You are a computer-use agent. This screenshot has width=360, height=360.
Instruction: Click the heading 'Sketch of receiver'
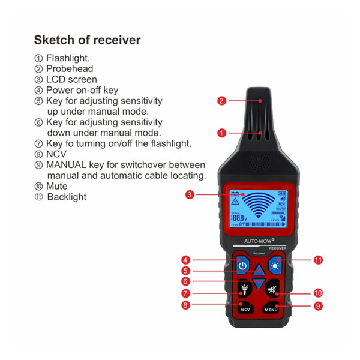pyautogui.click(x=87, y=40)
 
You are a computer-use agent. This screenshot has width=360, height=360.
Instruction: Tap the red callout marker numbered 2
pyautogui.click(x=221, y=101)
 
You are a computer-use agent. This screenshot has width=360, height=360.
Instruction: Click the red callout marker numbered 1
pyautogui.click(x=221, y=133)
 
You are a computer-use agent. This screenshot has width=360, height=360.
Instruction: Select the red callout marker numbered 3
pyautogui.click(x=190, y=194)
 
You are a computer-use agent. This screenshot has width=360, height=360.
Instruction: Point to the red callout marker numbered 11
pyautogui.click(x=319, y=260)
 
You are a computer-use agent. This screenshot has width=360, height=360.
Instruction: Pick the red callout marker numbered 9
pyautogui.click(x=319, y=305)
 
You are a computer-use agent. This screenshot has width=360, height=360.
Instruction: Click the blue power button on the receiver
pyautogui.click(x=242, y=265)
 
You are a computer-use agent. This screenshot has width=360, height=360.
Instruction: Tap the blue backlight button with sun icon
pyautogui.click(x=275, y=265)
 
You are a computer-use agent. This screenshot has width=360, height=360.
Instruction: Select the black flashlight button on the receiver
pyautogui.click(x=244, y=289)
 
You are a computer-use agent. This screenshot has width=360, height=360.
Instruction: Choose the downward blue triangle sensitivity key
pyautogui.click(x=259, y=283)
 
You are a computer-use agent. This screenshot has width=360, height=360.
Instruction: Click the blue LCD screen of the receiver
pyautogui.click(x=259, y=208)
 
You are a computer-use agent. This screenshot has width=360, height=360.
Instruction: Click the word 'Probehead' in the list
pyautogui.click(x=69, y=69)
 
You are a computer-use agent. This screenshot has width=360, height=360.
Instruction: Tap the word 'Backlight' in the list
pyautogui.click(x=67, y=197)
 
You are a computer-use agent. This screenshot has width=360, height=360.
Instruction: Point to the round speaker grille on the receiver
pyautogui.click(x=259, y=161)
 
